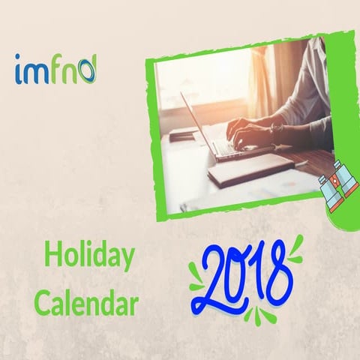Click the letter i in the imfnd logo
[19, 70]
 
